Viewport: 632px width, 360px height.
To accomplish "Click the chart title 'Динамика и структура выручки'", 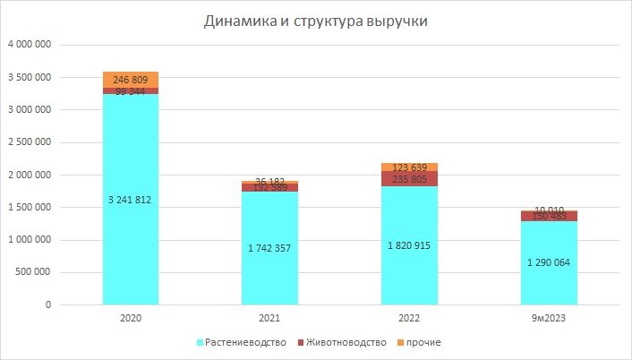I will click(315, 21).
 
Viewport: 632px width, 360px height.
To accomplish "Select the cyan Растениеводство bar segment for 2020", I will click(131, 242).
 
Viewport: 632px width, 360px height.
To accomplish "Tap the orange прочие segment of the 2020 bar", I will click(131, 80).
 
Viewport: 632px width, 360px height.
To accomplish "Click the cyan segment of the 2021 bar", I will click(269, 269).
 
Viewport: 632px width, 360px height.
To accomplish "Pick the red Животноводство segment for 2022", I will click(408, 178).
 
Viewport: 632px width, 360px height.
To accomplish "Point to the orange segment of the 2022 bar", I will click(408, 167).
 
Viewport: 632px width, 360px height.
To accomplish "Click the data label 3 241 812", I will click(131, 201).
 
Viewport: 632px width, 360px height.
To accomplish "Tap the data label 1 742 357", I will click(269, 248).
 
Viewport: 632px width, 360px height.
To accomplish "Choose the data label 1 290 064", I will click(549, 263).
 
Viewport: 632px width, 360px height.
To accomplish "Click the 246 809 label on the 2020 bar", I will click(131, 79).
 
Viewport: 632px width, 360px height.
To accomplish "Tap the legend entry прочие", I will click(421, 342).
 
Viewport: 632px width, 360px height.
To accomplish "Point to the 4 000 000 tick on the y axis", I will click(29, 45).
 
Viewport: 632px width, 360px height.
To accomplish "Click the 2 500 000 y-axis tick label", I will click(29, 142).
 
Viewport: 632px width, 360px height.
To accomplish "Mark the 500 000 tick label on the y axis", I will click(35, 272).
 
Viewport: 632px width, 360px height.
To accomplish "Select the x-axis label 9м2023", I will click(549, 318).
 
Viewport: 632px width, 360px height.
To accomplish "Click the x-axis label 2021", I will click(269, 318).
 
